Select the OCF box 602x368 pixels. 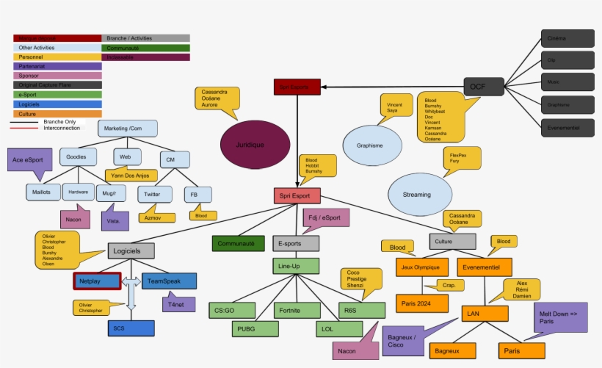(484, 87)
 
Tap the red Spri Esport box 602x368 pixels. (297, 195)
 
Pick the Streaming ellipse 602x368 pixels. (417, 194)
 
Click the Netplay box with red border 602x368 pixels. (97, 281)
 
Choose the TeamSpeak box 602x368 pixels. (168, 281)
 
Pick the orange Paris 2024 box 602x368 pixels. (421, 303)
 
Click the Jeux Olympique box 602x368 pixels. (421, 267)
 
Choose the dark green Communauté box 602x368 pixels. (238, 243)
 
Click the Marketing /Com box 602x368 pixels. (128, 129)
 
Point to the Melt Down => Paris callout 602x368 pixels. (559, 317)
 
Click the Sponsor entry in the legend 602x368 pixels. (57, 76)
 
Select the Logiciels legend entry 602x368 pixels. (57, 104)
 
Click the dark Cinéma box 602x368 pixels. (567, 38)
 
